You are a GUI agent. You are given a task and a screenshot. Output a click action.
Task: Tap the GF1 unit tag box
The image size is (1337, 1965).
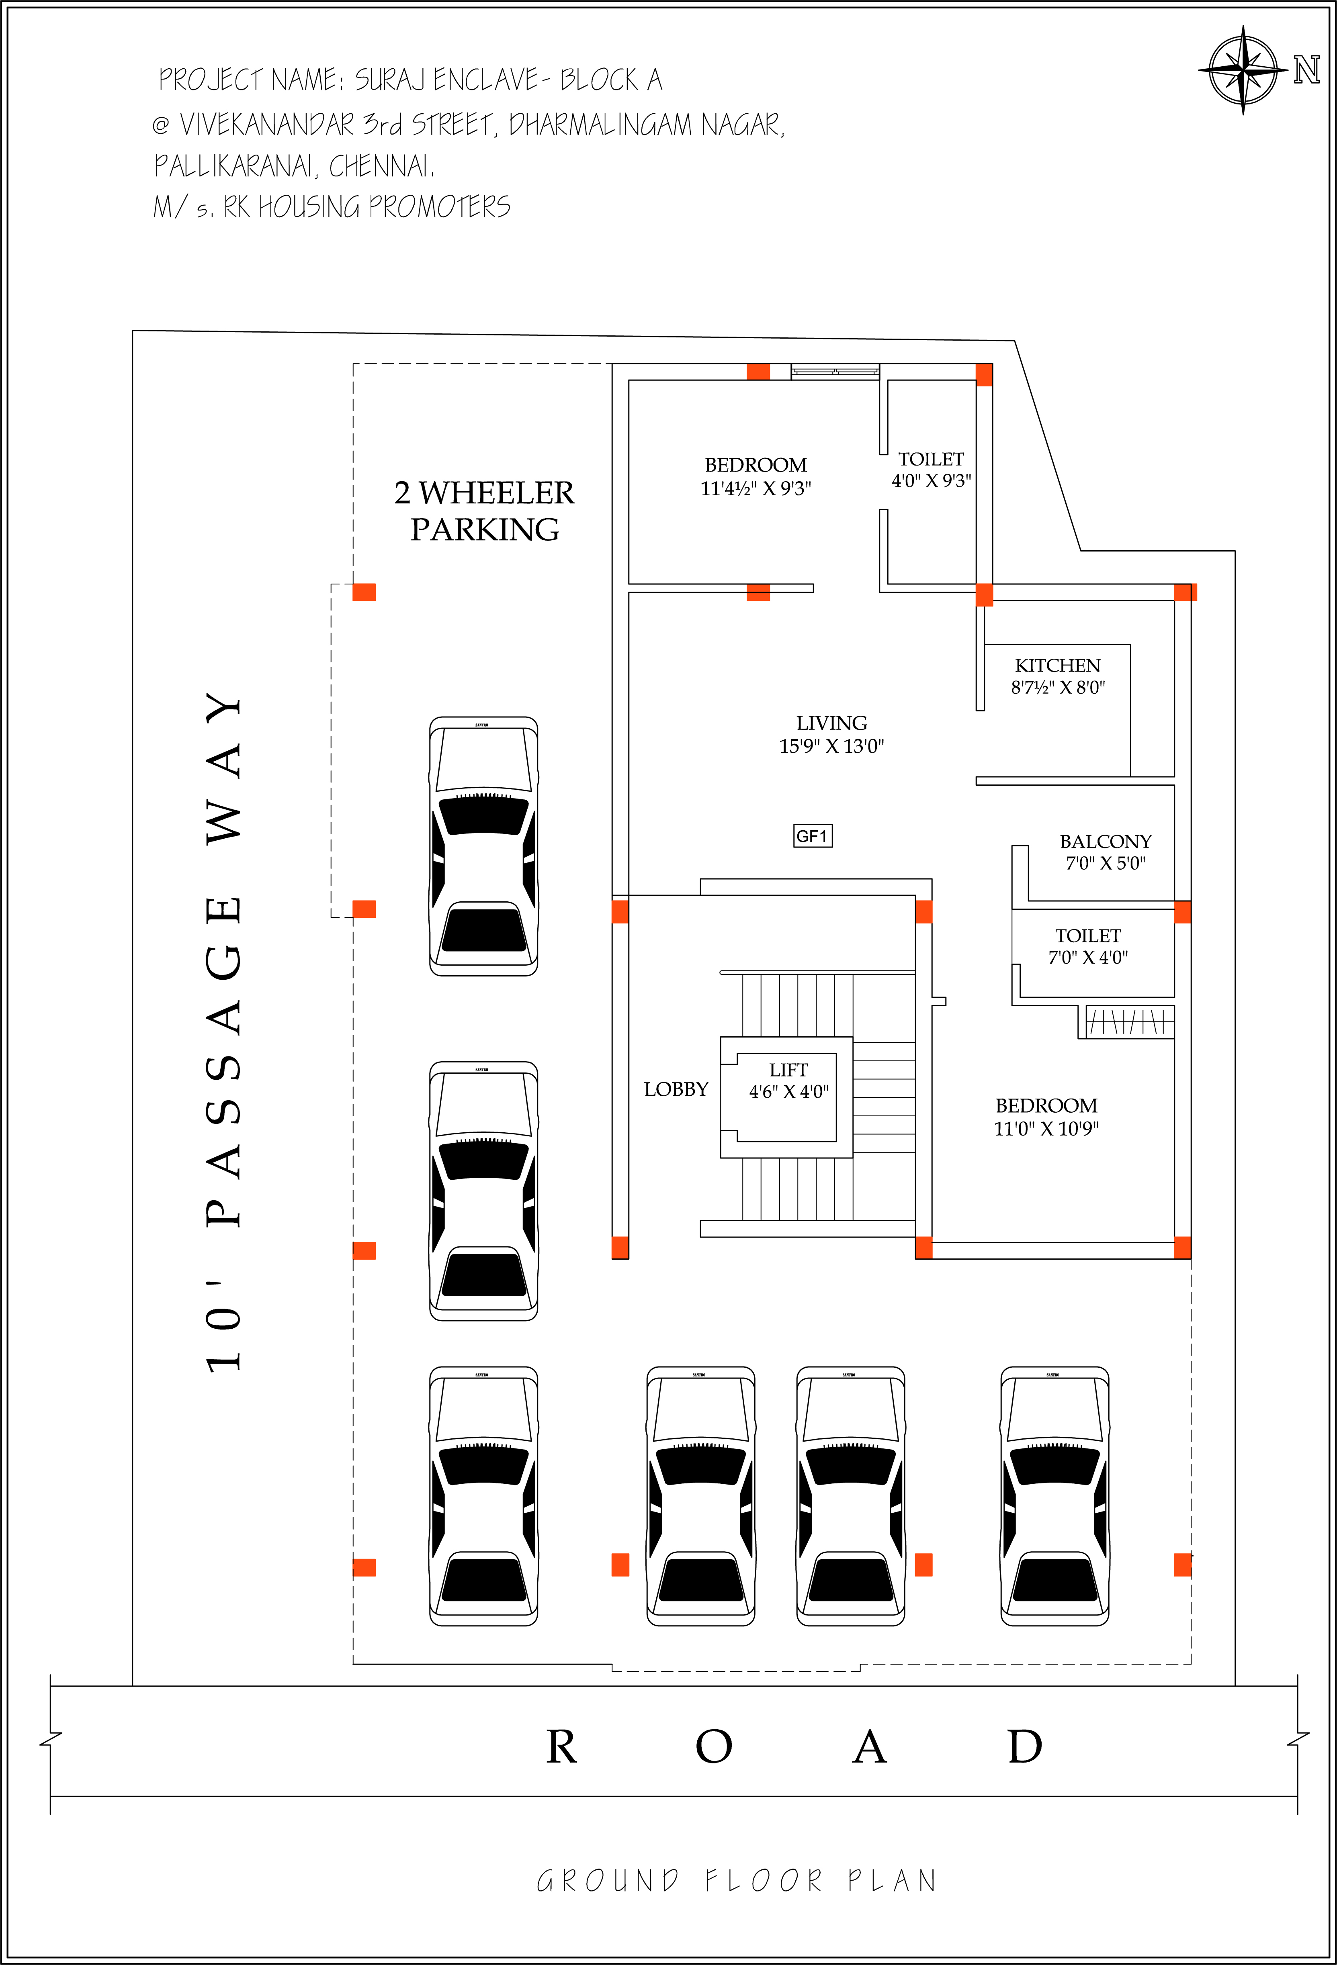812,836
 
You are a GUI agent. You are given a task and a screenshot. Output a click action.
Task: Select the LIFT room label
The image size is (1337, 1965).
788,1070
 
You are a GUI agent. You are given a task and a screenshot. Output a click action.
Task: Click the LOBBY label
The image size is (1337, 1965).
676,1089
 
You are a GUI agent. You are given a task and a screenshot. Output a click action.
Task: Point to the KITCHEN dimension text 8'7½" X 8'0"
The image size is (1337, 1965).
1058,687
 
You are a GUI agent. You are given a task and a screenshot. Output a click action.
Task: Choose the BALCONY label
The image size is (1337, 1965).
1105,841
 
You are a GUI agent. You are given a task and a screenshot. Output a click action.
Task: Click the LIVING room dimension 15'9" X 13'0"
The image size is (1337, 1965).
831,746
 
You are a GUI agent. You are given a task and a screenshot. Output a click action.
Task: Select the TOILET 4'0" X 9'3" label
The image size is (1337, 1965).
931,469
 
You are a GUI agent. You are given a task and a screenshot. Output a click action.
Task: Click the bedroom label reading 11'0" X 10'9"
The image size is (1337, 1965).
1046,1128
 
